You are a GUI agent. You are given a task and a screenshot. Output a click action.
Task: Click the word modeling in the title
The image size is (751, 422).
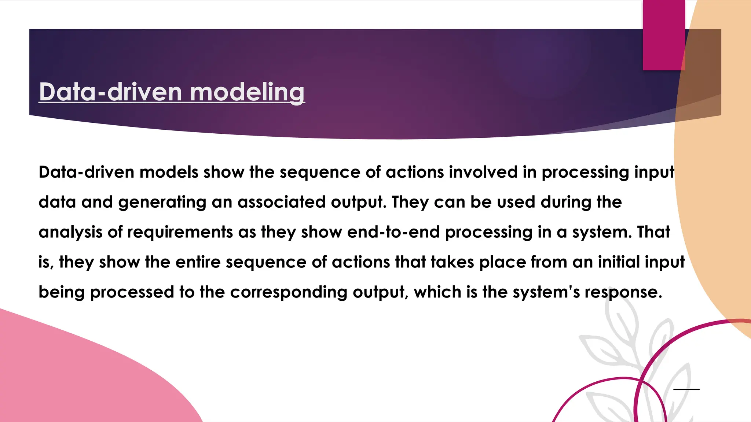click(247, 92)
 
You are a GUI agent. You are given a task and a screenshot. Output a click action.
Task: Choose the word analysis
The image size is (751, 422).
click(70, 233)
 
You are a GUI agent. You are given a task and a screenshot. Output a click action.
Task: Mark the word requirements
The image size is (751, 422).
click(180, 233)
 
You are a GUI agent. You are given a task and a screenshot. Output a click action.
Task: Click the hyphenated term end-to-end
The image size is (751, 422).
click(393, 232)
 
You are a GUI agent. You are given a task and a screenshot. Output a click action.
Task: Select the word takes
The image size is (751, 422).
click(452, 262)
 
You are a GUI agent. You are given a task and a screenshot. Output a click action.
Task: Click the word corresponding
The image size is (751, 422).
click(289, 292)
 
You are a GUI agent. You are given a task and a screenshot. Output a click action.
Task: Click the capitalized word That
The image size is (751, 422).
click(653, 232)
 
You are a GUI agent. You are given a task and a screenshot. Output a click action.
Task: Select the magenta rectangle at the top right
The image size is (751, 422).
click(664, 35)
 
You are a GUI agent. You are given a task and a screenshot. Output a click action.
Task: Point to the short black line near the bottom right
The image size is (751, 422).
click(686, 389)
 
